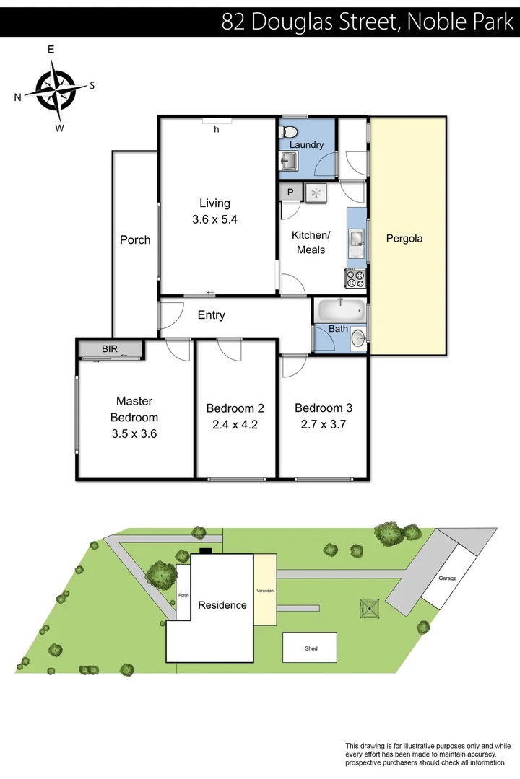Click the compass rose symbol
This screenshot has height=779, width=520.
(x=56, y=90)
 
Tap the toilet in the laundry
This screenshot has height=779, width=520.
(x=290, y=131)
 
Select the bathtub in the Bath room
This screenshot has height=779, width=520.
(x=340, y=312)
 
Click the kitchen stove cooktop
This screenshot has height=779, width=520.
(x=355, y=278)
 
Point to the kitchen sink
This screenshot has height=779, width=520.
(x=356, y=239)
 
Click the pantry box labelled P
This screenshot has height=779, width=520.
(x=290, y=192)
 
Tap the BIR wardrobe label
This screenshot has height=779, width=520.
(x=110, y=349)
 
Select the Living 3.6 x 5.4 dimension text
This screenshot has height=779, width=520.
(x=214, y=220)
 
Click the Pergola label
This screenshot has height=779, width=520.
(x=404, y=239)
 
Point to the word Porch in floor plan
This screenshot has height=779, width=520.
(x=135, y=240)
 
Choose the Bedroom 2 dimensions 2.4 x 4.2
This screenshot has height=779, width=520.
(x=235, y=425)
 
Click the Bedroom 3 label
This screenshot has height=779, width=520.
(x=323, y=408)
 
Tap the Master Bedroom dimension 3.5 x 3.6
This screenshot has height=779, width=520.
(x=134, y=433)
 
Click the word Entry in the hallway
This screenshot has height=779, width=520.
(x=211, y=315)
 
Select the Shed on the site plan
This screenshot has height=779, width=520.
(x=310, y=648)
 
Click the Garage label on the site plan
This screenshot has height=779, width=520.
(x=447, y=578)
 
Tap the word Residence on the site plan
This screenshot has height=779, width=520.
(x=222, y=605)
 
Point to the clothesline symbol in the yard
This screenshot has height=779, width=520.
(x=370, y=608)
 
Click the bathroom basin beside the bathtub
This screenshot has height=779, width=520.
(x=357, y=335)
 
